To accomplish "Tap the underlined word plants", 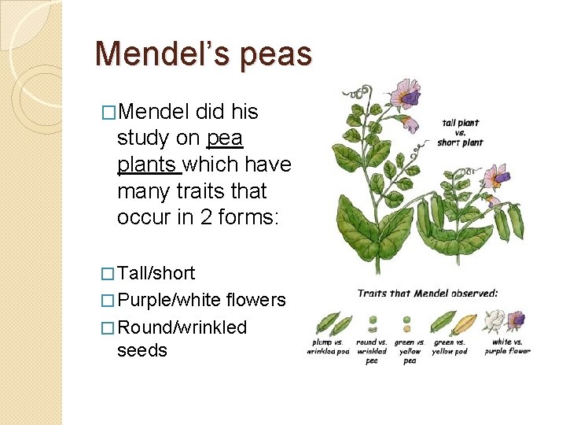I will click(149, 164).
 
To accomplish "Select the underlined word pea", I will click(225, 138).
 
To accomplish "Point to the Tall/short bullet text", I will click(156, 273).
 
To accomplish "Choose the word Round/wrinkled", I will click(182, 327).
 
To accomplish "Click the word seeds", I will click(141, 350).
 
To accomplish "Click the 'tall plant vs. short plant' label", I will click(461, 132).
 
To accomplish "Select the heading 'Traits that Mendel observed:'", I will click(428, 294).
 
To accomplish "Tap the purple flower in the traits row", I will click(516, 320).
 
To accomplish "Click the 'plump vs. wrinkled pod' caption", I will click(328, 346).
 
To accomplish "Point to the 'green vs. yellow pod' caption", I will click(449, 346).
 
